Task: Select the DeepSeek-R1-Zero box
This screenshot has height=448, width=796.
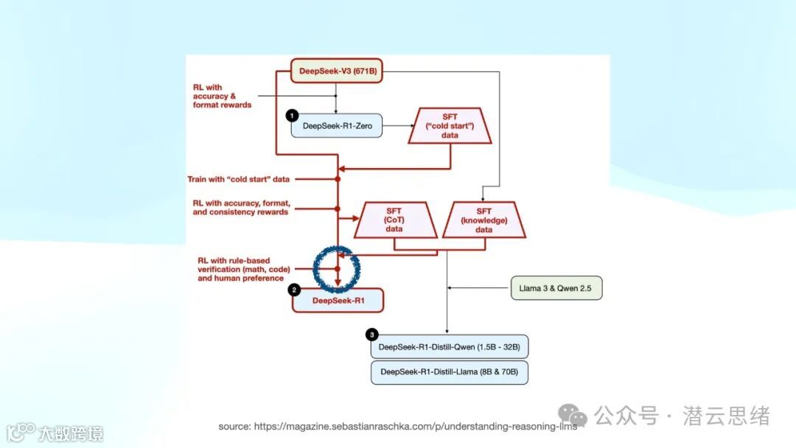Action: tap(337, 126)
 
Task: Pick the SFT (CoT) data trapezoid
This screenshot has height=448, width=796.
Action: tap(394, 220)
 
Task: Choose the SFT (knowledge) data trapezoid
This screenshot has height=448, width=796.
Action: tap(483, 220)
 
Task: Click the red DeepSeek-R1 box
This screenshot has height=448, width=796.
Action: tap(338, 300)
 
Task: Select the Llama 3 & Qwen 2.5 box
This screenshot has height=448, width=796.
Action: tap(556, 287)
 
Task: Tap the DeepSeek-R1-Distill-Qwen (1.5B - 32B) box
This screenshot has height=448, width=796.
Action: tap(449, 346)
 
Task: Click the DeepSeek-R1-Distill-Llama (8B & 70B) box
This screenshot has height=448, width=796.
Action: tap(449, 372)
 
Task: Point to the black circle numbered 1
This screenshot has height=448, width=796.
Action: tap(292, 116)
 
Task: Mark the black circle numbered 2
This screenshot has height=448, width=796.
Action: tap(295, 290)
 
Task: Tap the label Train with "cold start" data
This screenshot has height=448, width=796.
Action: tap(239, 179)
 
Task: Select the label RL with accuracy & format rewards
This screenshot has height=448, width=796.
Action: tap(222, 97)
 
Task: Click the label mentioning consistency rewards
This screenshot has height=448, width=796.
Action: tap(240, 207)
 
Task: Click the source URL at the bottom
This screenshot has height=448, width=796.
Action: tap(397, 427)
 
